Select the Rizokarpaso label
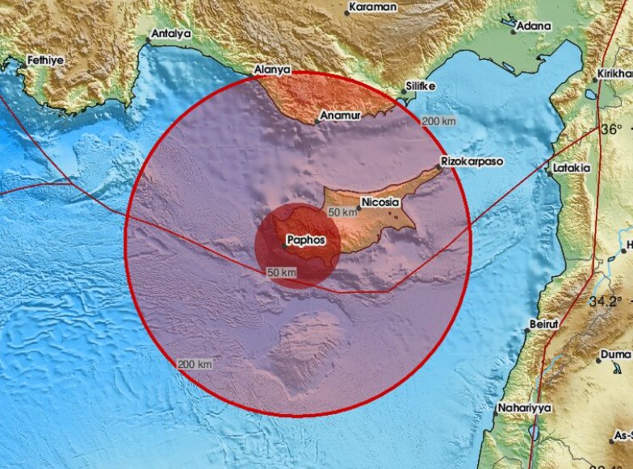474,162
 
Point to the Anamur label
340,116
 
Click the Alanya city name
272,70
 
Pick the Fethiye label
45,60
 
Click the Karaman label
372,7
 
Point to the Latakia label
572,168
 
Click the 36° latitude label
611,130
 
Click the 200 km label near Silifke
438,121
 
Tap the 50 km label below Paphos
283,273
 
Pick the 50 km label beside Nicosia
342,212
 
